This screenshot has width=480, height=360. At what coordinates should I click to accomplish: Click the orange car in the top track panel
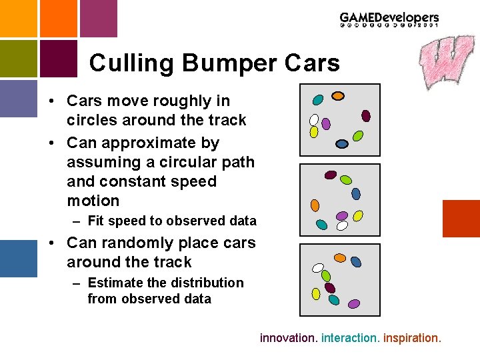pos(338,95)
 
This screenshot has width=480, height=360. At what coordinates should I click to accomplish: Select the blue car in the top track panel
pos(342,143)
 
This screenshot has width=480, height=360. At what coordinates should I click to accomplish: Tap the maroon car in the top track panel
pos(365,115)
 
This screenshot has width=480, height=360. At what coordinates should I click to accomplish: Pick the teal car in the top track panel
pos(318,100)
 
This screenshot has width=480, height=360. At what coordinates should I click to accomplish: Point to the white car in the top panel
pos(314,120)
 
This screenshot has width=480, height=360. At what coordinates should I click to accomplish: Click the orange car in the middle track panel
pos(315,205)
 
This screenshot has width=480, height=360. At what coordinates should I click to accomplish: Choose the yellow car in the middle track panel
pos(357,216)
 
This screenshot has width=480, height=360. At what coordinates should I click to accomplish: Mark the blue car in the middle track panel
pos(356,193)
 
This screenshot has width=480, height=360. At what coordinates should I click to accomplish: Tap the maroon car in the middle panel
pos(330,175)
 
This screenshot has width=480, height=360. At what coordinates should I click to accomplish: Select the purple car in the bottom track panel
pos(353,303)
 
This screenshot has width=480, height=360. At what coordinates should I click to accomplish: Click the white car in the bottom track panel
pos(318,268)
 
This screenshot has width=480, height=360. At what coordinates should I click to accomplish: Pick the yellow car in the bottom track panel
pos(315,293)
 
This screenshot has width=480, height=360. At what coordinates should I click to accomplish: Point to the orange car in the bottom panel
pos(339,257)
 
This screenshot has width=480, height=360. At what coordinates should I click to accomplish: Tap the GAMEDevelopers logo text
pos(389,19)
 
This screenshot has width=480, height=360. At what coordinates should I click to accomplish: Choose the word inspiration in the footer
pos(412,338)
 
